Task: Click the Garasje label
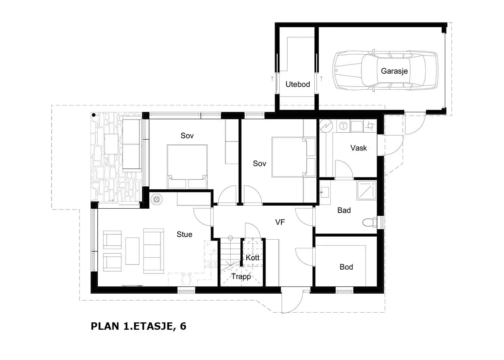pos(394,71)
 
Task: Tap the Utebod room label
pos(298,85)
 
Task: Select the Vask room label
pos(359,148)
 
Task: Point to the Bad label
pos(344,210)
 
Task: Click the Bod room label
pos(346,267)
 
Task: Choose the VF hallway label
pos(280,222)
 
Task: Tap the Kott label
pos(252,258)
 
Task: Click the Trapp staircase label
pos(241,277)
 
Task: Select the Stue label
pos(185,234)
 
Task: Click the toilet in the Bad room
pos(370,222)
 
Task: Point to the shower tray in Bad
pos(366,190)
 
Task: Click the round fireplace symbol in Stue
pos(157,199)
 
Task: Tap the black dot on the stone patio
pos(94,115)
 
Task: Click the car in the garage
pos(385,71)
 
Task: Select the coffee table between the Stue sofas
pos(132,251)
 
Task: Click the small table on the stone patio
pos(111,144)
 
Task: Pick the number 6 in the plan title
pos(183,326)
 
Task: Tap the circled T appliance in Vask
pos(343,126)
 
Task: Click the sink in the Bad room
pos(324,192)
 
